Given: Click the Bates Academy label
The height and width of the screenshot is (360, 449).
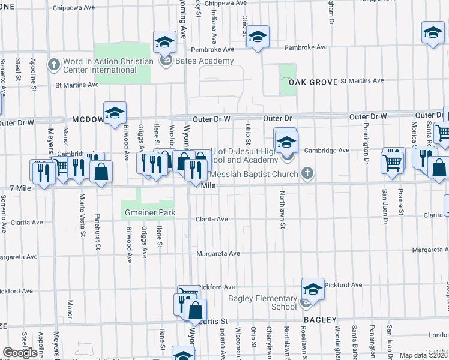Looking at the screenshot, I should [x=204, y=61].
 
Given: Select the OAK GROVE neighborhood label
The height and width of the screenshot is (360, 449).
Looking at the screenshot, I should [x=312, y=82].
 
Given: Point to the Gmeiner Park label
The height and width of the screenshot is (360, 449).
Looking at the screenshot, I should [x=145, y=213].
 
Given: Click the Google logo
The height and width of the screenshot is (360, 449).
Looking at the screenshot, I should [x=20, y=353].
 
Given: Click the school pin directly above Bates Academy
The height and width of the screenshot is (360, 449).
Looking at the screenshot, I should [x=164, y=42].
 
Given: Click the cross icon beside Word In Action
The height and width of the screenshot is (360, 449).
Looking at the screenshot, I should [x=54, y=63].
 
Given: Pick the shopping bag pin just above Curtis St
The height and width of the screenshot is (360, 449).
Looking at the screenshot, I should [x=196, y=310].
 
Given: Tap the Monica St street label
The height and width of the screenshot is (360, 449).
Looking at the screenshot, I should [x=414, y=133].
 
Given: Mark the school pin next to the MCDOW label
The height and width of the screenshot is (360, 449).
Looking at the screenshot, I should [x=114, y=112].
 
